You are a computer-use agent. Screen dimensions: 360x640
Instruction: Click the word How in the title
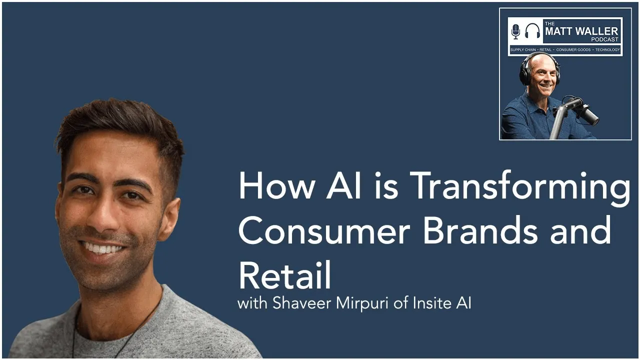276,186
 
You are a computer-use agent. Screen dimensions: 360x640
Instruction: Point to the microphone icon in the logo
515,31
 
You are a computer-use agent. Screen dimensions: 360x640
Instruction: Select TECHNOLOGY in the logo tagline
607,50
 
